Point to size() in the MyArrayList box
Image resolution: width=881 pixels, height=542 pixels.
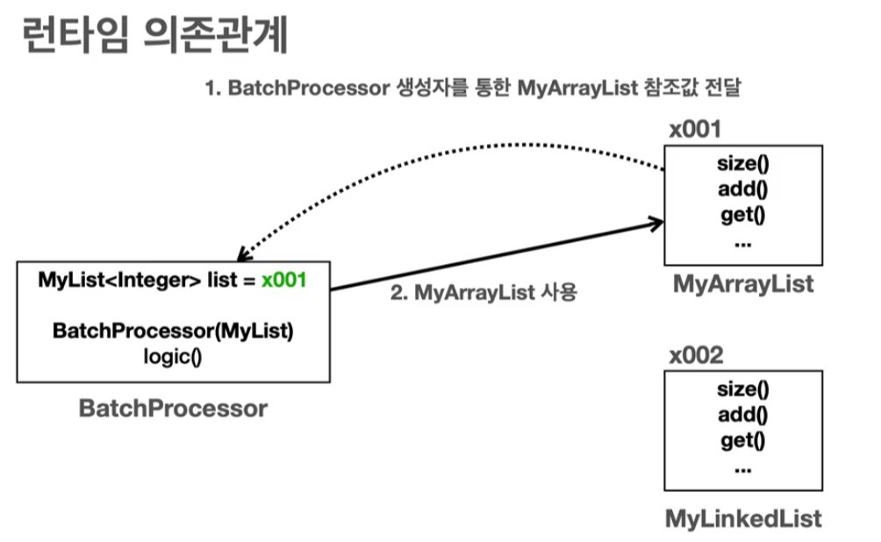742,164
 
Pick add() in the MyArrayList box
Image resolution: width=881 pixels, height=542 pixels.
742,189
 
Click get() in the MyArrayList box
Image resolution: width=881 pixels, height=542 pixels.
742,216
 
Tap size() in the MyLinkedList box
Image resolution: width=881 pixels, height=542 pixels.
742,389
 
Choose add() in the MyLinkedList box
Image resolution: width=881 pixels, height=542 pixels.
742,415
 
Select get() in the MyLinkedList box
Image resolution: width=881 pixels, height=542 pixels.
742,440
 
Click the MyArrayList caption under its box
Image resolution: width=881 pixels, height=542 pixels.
743,284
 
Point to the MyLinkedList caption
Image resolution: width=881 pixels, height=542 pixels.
743,517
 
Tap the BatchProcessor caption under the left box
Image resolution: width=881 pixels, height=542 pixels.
173,408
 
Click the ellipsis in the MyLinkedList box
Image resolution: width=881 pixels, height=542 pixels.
742,467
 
